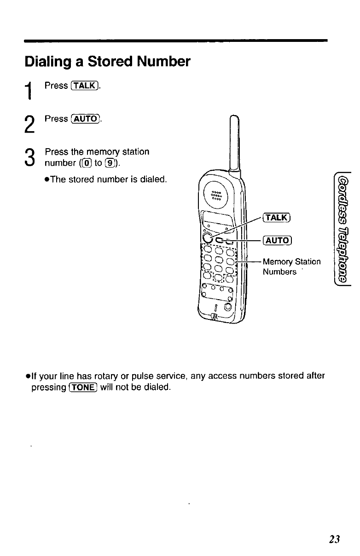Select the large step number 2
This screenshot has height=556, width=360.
click(29, 123)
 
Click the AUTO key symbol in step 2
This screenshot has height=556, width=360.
click(86, 119)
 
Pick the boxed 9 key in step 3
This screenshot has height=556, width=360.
click(105, 162)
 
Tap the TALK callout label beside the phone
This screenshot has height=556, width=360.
click(277, 217)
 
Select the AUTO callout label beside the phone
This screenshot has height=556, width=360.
click(277, 240)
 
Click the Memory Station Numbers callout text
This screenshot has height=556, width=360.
click(291, 266)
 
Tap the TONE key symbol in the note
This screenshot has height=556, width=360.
click(83, 387)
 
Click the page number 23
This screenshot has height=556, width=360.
click(334, 539)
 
